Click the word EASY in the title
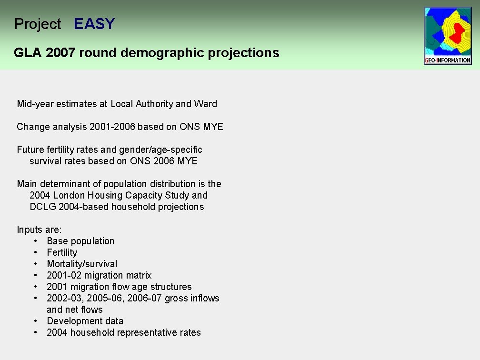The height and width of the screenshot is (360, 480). [x=94, y=24]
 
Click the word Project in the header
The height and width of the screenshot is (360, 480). [x=38, y=24]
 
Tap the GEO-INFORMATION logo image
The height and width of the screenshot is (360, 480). [x=448, y=36]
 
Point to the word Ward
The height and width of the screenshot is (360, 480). [x=206, y=104]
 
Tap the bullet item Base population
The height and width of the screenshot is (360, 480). [x=80, y=241]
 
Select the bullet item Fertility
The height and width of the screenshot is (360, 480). [x=62, y=252]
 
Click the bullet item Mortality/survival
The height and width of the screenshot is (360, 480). [x=82, y=264]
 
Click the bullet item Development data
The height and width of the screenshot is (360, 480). [x=85, y=321]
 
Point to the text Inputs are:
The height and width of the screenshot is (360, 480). [x=39, y=230]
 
